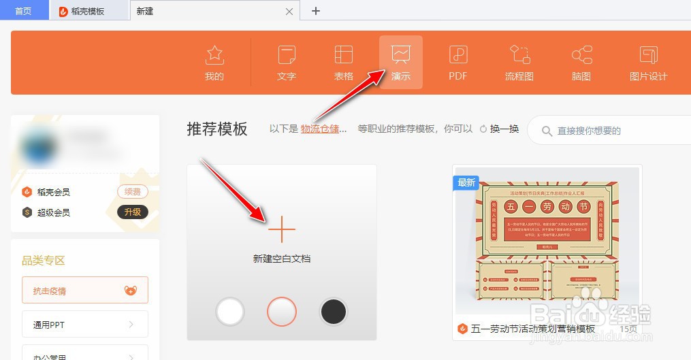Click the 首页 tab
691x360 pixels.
point(23,11)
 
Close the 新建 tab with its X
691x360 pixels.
point(289,12)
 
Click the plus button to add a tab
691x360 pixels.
point(316,11)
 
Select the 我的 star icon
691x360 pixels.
point(214,62)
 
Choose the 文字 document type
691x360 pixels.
point(287,62)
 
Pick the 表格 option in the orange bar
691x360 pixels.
point(344,62)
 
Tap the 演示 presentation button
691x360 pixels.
point(401,62)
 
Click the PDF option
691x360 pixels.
point(458,62)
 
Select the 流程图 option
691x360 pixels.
point(519,62)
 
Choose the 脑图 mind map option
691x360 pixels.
point(581,62)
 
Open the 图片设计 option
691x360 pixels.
point(648,62)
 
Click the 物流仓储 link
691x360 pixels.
point(323,129)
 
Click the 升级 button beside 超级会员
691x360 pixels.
point(132,212)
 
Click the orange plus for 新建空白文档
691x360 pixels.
point(281,231)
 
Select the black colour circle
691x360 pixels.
point(334,312)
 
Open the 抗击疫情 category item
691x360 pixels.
point(85,291)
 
